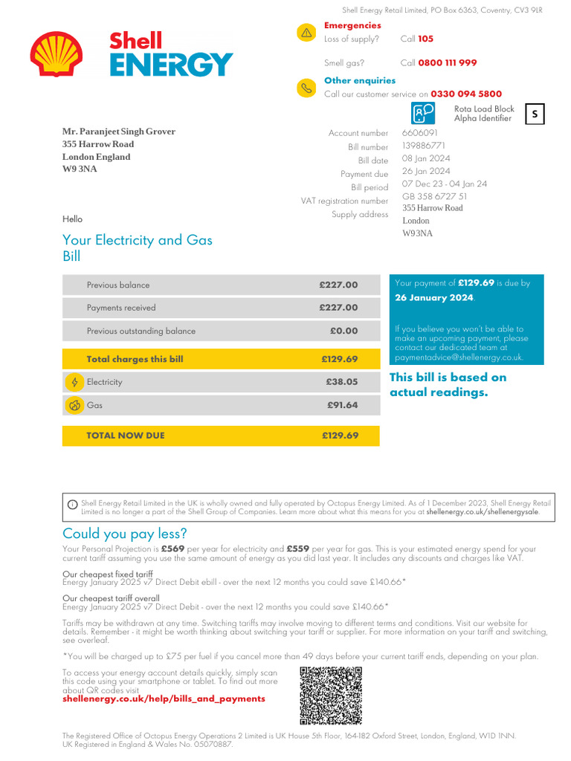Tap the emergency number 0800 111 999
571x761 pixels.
pos(447,63)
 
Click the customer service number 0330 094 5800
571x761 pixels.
pos(466,94)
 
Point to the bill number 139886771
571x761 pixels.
pos(424,146)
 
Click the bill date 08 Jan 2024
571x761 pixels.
pos(426,159)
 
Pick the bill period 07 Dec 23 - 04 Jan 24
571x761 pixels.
pos(445,184)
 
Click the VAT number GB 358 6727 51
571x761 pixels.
pos(435,196)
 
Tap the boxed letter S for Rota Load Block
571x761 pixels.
pos(535,114)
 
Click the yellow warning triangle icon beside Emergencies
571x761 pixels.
pos(306,33)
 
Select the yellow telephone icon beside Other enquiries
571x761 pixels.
pos(306,88)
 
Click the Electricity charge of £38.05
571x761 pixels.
pos(341,382)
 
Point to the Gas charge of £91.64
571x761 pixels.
pos(342,405)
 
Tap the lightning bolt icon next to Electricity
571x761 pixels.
pos(74,382)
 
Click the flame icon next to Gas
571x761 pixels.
pos(74,405)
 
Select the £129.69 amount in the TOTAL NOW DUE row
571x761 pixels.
pos(340,435)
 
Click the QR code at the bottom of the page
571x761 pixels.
pos(331,695)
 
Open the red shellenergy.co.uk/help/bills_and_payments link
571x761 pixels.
pos(164,699)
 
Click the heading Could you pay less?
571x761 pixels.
pos(125,534)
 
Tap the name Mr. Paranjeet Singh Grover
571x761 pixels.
pos(119,132)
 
